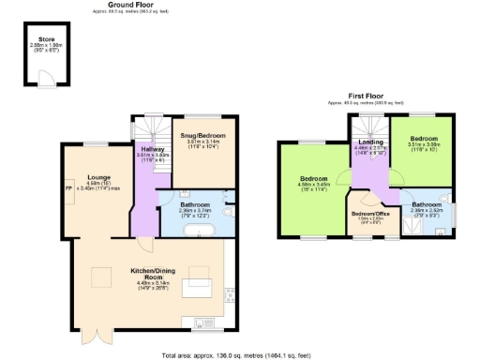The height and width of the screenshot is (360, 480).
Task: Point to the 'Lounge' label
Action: pos(99,176)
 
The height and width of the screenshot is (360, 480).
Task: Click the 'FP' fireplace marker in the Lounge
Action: pos(67,184)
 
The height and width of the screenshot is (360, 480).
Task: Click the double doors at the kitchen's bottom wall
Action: pos(91,335)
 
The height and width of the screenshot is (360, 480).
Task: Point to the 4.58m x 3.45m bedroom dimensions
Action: pos(313,185)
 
